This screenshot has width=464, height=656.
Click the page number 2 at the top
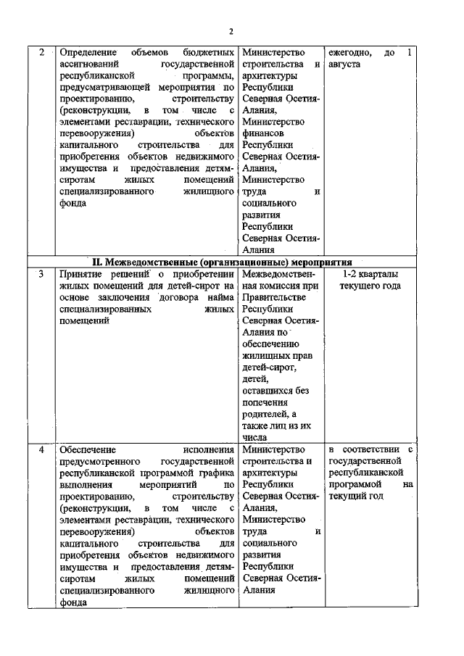pos(231,31)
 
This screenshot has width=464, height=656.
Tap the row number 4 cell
pos(41,450)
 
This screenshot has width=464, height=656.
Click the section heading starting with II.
pos(223,262)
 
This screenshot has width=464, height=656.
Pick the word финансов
pos(263,133)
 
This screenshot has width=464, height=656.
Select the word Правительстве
pos(275,296)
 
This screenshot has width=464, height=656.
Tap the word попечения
pos(265,402)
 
